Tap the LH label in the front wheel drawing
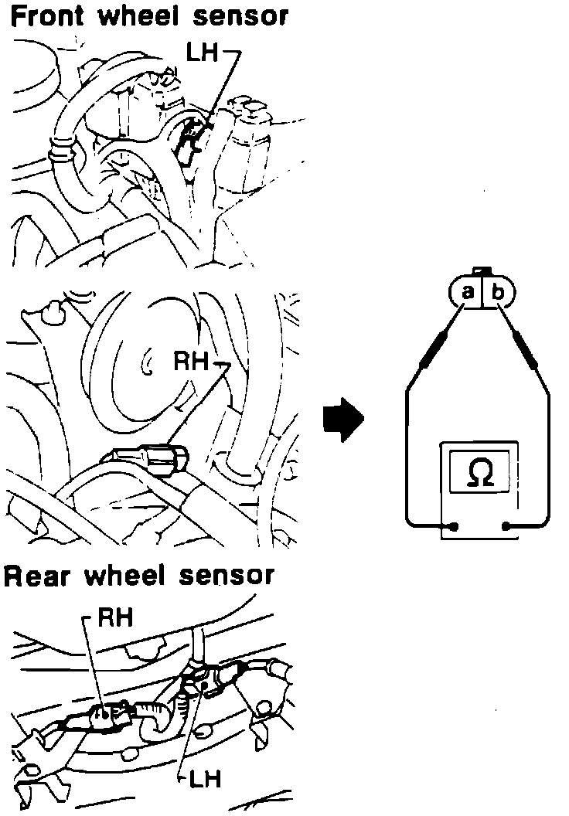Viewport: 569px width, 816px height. pyautogui.click(x=205, y=53)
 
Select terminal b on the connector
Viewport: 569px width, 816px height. pyautogui.click(x=498, y=291)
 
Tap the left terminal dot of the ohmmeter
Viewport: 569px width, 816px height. pyautogui.click(x=455, y=527)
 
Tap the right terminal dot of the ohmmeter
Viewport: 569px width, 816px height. pyautogui.click(x=506, y=527)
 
